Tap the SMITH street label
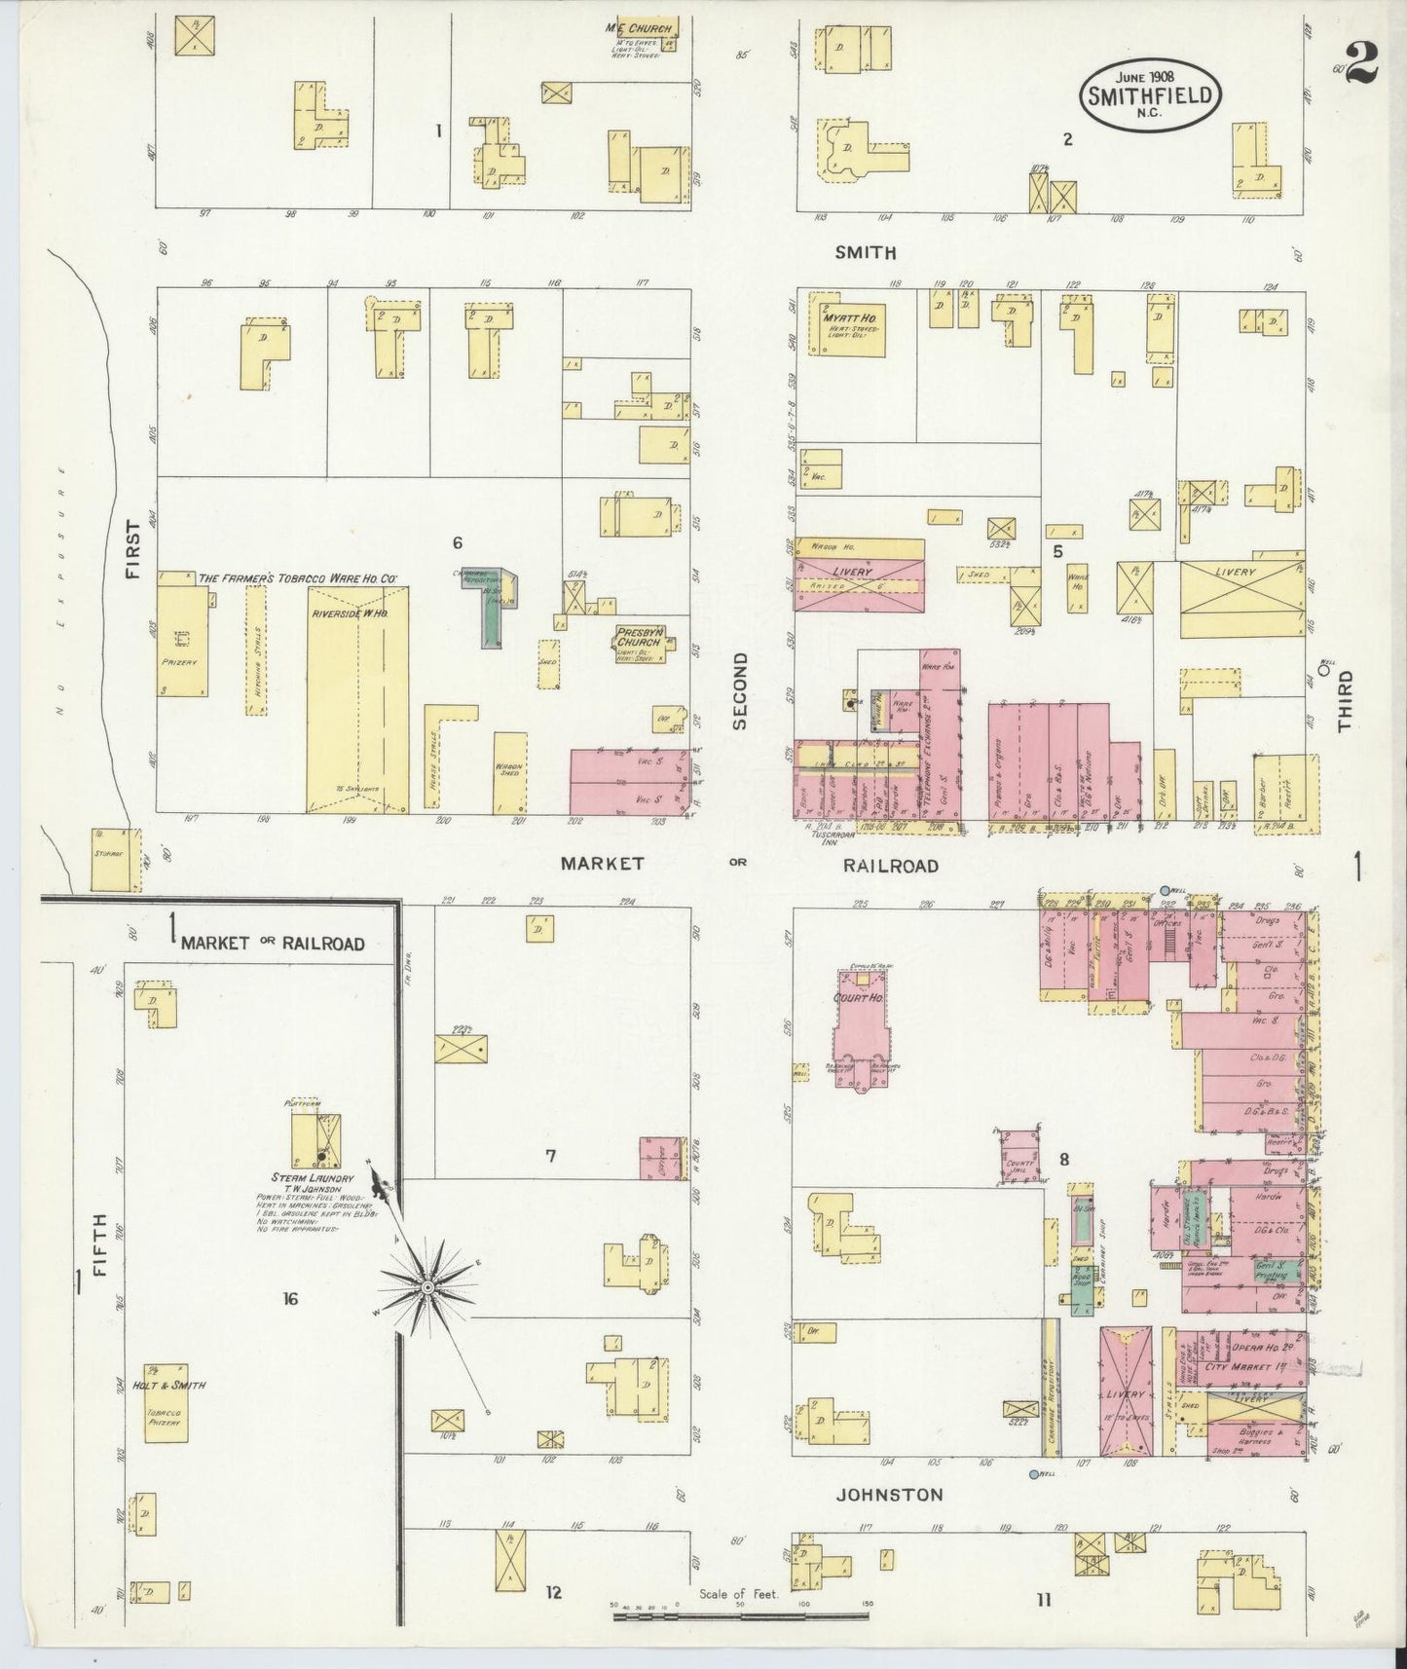(x=866, y=252)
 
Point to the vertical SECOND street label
(x=741, y=690)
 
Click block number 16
(x=289, y=1298)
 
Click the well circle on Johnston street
(x=1032, y=1474)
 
